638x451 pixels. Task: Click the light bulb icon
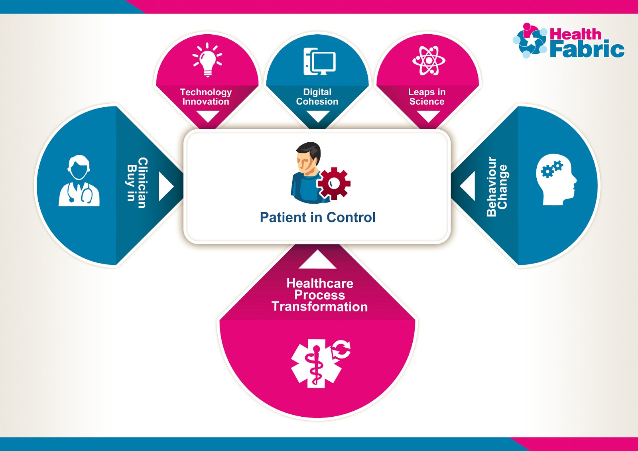[207, 60]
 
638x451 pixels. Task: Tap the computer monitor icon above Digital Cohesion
[320, 61]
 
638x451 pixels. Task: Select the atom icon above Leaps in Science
[429, 61]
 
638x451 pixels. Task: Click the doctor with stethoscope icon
[79, 181]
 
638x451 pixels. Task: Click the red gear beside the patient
[334, 183]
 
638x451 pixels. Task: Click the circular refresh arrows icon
[341, 350]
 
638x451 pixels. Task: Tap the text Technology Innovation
[206, 97]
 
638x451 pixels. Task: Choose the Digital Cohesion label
[317, 97]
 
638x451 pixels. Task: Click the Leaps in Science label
[427, 97]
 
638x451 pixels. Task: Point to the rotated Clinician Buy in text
[137, 183]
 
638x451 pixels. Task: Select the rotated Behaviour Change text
[497, 186]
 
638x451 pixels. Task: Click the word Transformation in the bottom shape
[319, 307]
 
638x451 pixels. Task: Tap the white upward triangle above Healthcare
[317, 260]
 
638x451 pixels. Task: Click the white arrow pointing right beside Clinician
[165, 186]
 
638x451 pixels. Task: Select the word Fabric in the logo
[587, 49]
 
